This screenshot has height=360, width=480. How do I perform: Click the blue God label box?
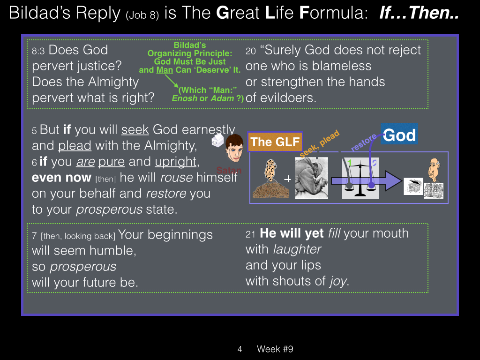(399, 134)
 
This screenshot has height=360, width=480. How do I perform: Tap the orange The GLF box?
(275, 142)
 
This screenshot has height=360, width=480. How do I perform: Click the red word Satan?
(229, 170)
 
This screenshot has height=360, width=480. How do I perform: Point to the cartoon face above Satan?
(234, 149)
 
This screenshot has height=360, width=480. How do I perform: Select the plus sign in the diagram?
(287, 179)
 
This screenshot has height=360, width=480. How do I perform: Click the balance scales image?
(360, 178)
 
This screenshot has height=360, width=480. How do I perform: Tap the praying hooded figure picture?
(311, 178)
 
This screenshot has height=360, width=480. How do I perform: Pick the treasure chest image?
(413, 186)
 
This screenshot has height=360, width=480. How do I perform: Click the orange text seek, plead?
(320, 144)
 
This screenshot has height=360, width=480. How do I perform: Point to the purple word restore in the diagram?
(364, 142)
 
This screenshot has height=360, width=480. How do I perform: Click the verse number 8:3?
(38, 51)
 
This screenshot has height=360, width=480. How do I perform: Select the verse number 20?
(251, 51)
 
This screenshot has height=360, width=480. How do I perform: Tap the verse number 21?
(250, 234)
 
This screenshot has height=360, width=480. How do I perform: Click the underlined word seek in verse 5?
(135, 130)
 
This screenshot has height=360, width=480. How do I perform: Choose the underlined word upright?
(175, 162)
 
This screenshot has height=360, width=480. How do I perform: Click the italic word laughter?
(297, 249)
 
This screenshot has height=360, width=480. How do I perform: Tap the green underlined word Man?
(165, 70)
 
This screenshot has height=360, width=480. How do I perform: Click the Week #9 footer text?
(275, 349)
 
